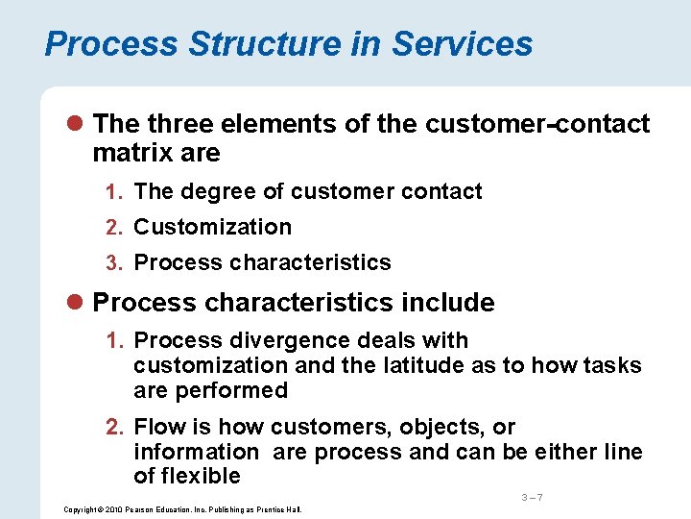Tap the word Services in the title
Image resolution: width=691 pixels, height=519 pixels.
(463, 43)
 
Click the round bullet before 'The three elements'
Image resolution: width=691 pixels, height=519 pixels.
(77, 125)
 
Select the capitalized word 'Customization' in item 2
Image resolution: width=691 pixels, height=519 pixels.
(213, 227)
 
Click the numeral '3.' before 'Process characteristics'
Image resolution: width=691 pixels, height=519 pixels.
(119, 262)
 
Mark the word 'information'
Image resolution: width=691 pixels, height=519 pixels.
(196, 452)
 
